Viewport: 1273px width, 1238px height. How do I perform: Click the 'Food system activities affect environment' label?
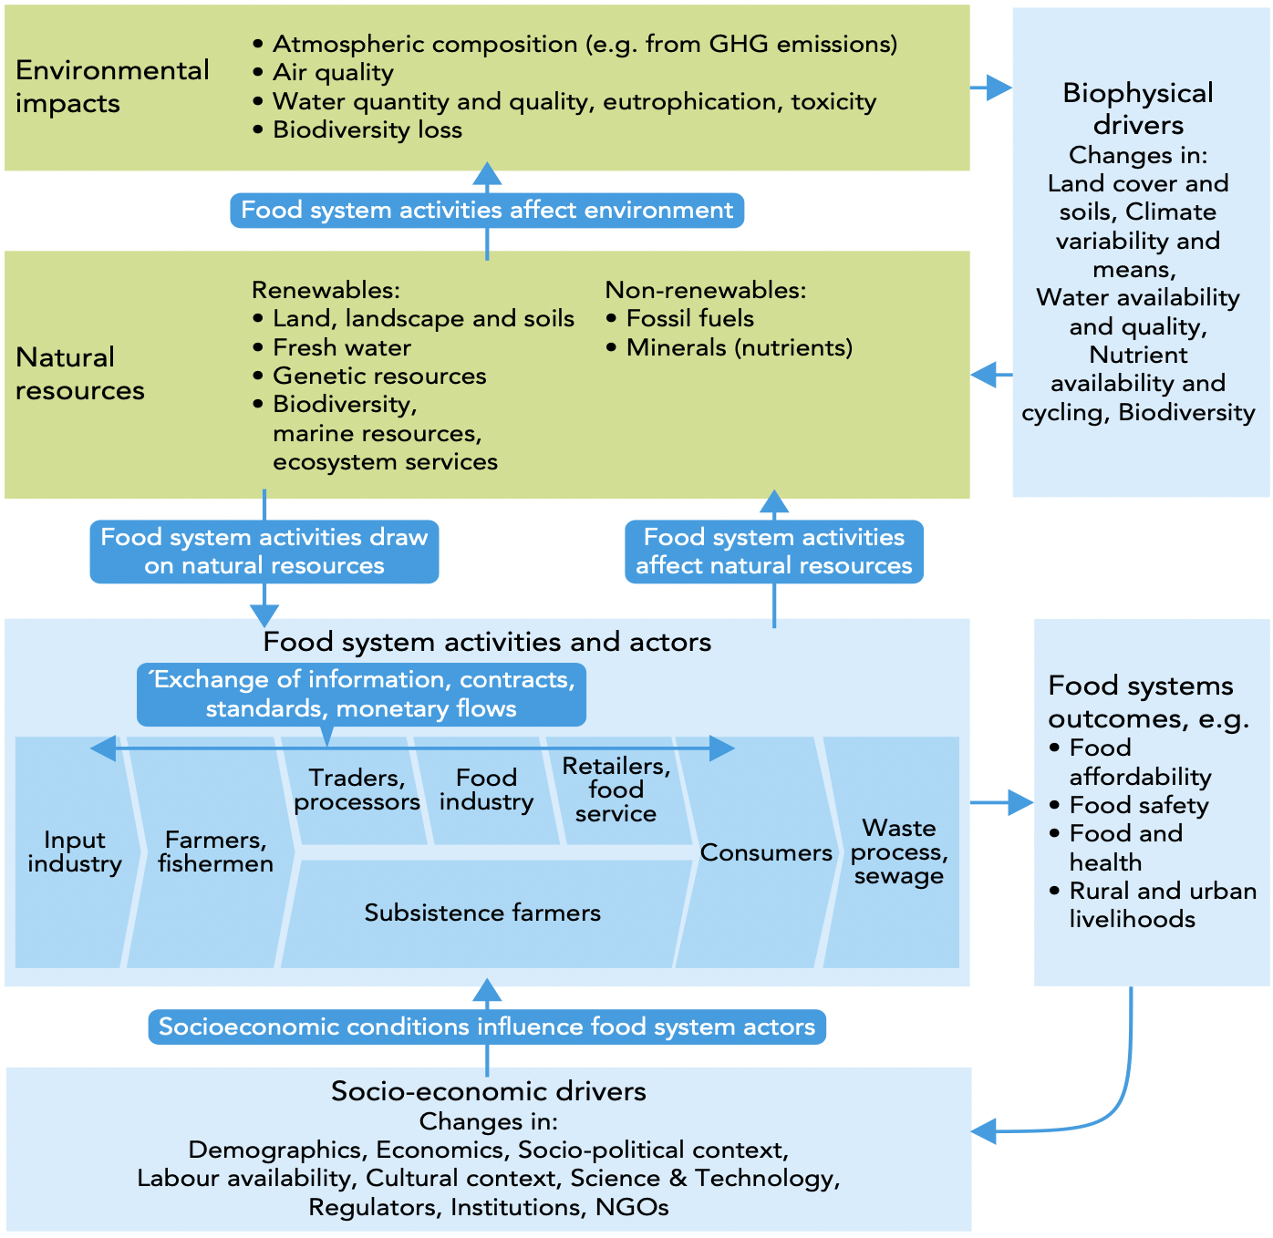487,211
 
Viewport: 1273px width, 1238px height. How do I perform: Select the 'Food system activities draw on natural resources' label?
264,552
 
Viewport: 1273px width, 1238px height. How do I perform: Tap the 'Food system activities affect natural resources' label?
773,552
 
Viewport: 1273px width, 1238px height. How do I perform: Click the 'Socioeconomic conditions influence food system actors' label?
487,1027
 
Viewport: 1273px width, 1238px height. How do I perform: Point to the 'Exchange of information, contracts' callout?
361,695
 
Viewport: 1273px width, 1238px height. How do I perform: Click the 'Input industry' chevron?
74,852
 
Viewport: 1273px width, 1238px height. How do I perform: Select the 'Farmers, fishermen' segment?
215,852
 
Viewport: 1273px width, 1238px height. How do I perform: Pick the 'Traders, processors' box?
357,790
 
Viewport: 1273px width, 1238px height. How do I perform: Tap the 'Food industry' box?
486,790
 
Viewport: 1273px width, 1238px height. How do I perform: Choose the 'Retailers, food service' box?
616,790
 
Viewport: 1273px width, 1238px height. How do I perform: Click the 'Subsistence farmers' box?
482,913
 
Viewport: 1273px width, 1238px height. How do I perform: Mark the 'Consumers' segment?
766,853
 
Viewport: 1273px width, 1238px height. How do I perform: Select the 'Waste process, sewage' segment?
899,852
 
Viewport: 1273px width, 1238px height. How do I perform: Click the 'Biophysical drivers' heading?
1138,108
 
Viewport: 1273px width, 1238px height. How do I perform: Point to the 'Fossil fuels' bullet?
689,319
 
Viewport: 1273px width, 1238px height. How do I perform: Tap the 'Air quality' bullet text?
333,73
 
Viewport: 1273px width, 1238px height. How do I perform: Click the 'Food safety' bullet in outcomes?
1138,806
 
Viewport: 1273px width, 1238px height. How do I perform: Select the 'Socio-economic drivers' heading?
488,1091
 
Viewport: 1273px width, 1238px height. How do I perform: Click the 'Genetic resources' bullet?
379,377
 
